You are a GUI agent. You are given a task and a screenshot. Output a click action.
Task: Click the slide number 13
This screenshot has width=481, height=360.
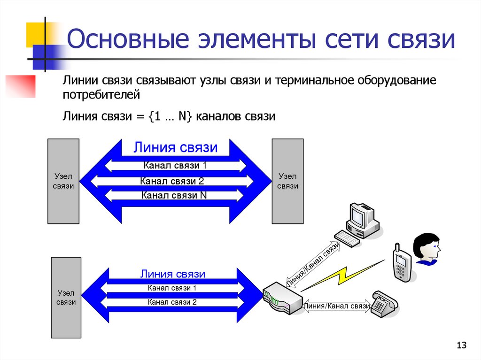click(461, 345)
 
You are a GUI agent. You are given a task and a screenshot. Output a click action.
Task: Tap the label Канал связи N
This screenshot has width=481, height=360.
click(174, 195)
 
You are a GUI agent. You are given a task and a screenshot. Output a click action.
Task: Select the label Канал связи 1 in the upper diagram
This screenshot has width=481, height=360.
click(175, 165)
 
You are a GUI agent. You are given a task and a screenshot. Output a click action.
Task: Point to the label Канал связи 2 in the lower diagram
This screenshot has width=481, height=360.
click(172, 302)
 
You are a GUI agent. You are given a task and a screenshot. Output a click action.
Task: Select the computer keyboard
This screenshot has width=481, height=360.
click(347, 238)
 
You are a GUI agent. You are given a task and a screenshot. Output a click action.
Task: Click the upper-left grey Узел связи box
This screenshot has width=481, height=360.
click(63, 181)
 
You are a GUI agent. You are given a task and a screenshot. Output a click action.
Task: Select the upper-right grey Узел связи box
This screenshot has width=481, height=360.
click(287, 181)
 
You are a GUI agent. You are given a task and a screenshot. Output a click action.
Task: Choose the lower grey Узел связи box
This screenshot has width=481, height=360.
click(66, 298)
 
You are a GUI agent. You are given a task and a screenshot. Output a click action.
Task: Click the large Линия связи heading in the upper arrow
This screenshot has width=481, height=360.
click(176, 147)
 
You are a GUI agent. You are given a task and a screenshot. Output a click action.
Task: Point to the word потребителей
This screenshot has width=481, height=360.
click(101, 95)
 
